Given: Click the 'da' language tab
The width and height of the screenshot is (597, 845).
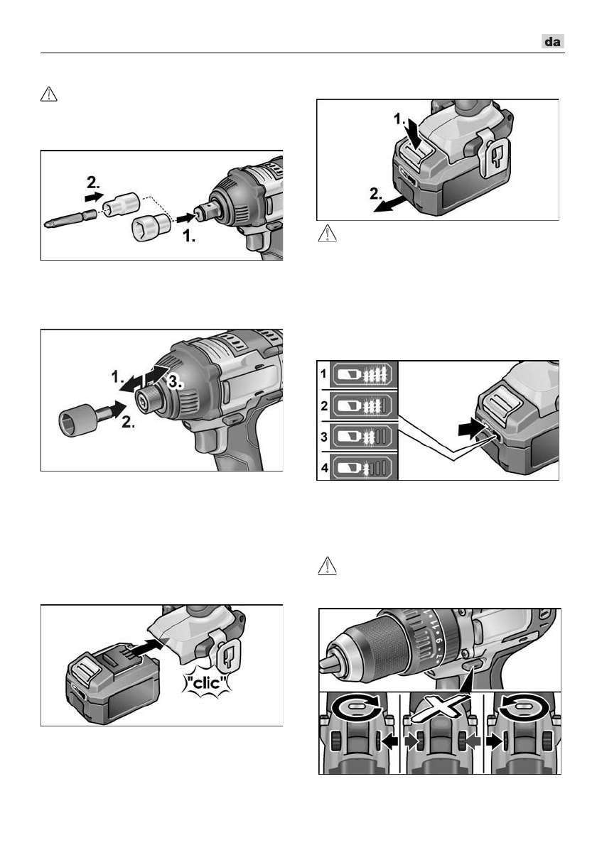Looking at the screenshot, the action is click(553, 42).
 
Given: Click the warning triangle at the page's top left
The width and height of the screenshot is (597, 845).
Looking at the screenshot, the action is click(49, 94).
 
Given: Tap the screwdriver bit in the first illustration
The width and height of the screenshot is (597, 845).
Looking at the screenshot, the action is click(72, 219).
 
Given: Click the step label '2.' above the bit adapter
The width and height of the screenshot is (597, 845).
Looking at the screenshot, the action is click(93, 182).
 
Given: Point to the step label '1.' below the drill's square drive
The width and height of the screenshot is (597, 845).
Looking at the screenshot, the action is click(189, 236).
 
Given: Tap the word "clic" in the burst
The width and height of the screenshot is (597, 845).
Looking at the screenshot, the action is click(207, 683).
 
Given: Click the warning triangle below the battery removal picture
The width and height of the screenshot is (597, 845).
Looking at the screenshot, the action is click(328, 234).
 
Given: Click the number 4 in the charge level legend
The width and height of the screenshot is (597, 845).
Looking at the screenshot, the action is click(324, 468).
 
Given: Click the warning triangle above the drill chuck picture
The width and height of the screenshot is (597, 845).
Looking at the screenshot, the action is click(328, 566).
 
